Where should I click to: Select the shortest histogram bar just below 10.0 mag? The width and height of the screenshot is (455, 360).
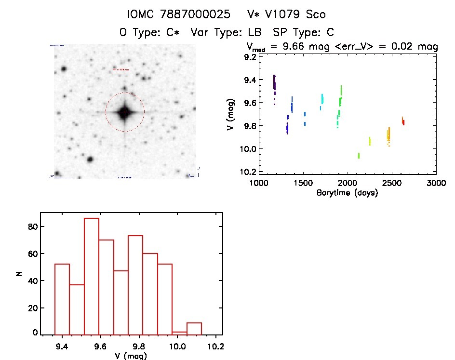[179, 333]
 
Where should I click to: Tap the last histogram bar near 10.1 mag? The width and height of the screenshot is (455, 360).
[194, 329]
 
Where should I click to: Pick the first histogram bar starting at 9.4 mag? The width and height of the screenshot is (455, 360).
[62, 299]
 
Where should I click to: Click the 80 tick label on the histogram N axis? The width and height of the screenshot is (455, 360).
[32, 227]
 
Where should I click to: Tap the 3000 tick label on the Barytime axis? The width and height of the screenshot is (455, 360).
[436, 183]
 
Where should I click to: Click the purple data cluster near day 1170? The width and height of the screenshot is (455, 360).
[274, 83]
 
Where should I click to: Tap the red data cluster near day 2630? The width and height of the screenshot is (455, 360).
[403, 122]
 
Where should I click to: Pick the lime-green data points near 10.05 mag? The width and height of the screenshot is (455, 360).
[359, 155]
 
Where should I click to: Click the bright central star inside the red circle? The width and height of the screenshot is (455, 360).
[124, 112]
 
